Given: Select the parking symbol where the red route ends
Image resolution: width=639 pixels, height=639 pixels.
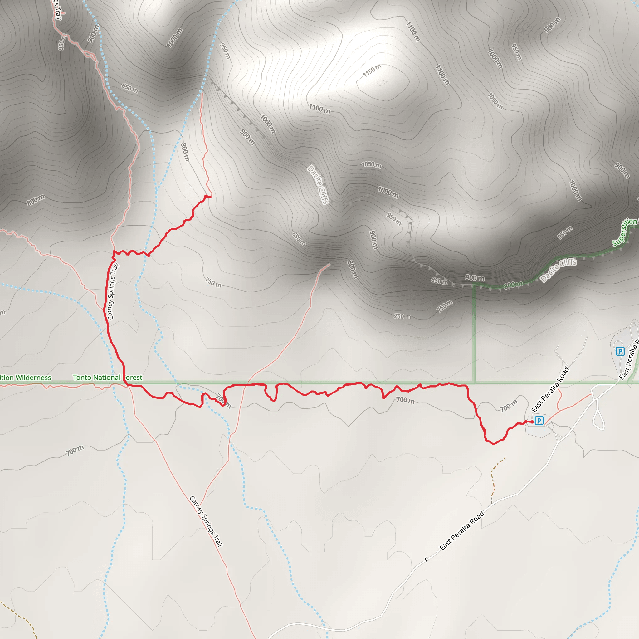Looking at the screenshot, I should click(539, 420).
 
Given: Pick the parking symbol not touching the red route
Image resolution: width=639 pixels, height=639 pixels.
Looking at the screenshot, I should click(620, 351).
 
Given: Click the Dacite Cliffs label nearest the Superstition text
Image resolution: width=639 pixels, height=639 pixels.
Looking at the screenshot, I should click(559, 271).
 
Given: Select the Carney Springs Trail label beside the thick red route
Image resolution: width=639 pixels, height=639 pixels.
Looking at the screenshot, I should click(113, 291).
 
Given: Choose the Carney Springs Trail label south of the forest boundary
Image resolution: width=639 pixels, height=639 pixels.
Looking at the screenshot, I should click(206, 521).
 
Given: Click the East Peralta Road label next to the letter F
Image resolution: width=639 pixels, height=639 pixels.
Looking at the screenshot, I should click(462, 531).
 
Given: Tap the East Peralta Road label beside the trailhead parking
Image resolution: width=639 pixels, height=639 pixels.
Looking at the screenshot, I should click(550, 390).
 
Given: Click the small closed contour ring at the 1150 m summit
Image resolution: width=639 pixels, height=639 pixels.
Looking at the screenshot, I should click(382, 82).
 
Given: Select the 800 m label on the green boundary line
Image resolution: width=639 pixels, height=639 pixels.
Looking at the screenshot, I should click(513, 285).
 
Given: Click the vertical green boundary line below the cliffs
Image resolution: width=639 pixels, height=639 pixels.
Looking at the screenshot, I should click(474, 334).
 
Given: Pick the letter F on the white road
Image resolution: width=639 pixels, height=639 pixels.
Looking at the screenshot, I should click(426, 560).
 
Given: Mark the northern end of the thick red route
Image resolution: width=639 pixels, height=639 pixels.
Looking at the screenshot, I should click(210, 197).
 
